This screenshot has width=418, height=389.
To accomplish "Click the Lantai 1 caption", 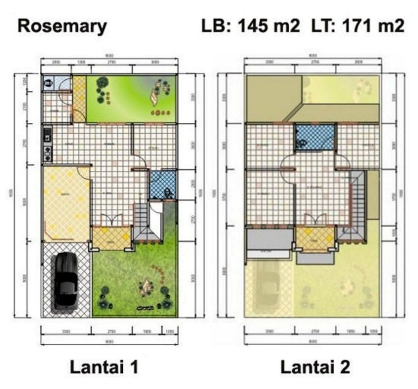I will click(104, 367).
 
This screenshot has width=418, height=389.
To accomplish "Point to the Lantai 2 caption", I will click(315, 367).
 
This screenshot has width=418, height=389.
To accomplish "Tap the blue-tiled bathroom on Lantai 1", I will click(162, 185).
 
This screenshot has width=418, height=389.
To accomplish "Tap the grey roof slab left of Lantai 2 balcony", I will click(269, 240).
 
